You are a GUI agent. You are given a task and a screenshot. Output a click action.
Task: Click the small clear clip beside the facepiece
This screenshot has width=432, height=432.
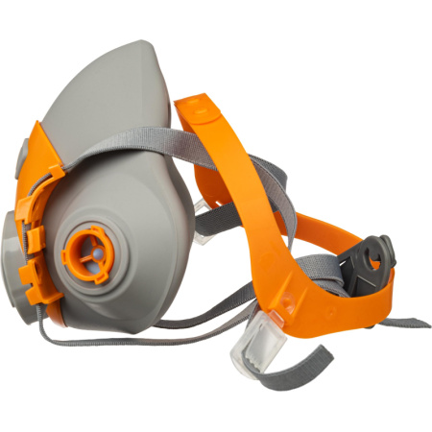204,204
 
